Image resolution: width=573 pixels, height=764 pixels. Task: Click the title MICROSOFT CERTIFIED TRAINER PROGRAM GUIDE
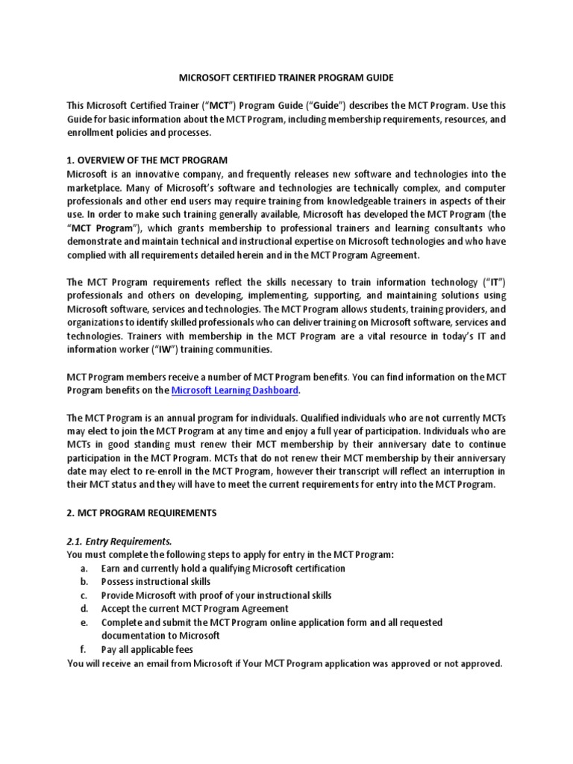[x=286, y=78]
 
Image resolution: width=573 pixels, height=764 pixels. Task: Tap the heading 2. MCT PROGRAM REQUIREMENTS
[x=142, y=513]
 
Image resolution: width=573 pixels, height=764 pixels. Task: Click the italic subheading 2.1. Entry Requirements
[x=119, y=541]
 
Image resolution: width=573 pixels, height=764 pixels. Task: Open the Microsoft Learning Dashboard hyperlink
[x=236, y=389]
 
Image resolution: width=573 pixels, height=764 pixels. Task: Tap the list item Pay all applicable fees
[x=147, y=649]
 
